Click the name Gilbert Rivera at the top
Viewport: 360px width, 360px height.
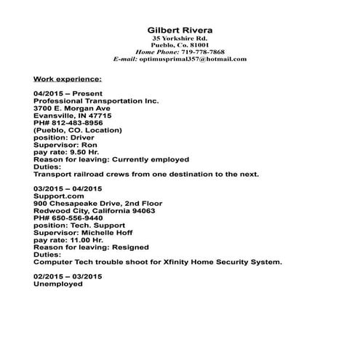180,30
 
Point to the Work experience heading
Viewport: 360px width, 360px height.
68,78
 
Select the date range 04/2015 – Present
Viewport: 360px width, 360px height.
63,94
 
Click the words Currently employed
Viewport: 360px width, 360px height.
153,159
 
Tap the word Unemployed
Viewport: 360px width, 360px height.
58,284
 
